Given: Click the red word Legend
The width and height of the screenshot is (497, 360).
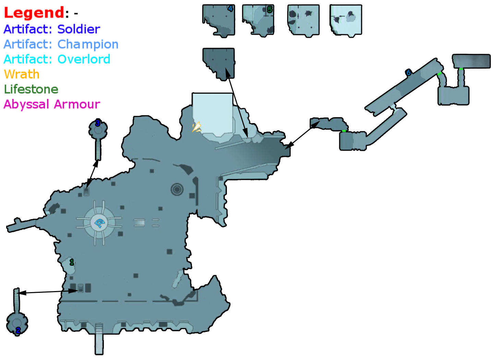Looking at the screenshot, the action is pyautogui.click(x=34, y=13).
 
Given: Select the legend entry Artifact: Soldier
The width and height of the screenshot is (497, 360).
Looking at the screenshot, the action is pyautogui.click(x=52, y=29).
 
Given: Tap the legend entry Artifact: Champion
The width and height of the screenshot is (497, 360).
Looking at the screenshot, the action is pyautogui.click(x=61, y=44).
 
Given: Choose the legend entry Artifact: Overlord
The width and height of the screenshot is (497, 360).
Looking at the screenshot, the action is pyautogui.click(x=57, y=59).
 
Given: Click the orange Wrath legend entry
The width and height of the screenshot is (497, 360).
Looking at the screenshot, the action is pyautogui.click(x=22, y=74).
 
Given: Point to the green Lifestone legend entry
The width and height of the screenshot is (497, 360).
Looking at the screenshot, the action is pyautogui.click(x=31, y=89).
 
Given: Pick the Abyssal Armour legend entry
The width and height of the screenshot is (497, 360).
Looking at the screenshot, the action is pyautogui.click(x=52, y=104).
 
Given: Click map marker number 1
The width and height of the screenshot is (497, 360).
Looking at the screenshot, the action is pyautogui.click(x=72, y=262).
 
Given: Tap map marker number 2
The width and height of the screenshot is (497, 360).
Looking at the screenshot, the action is pyautogui.click(x=18, y=330).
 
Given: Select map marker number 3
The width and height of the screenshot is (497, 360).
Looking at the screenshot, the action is pyautogui.click(x=98, y=123).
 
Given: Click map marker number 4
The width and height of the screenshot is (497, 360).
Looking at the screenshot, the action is pyautogui.click(x=230, y=9).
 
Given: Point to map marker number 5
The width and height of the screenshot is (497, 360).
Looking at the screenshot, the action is pyautogui.click(x=269, y=10).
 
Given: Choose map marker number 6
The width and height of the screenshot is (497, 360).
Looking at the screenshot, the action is pyautogui.click(x=408, y=72).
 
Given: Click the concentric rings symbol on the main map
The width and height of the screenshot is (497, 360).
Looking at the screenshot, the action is pyautogui.click(x=177, y=189).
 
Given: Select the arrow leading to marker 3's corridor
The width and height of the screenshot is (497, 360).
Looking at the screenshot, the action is pyautogui.click(x=92, y=175).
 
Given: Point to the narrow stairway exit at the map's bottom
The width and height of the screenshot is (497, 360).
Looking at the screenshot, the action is pyautogui.click(x=99, y=339).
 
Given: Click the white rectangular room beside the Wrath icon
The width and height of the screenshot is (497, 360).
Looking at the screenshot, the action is pyautogui.click(x=212, y=113).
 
